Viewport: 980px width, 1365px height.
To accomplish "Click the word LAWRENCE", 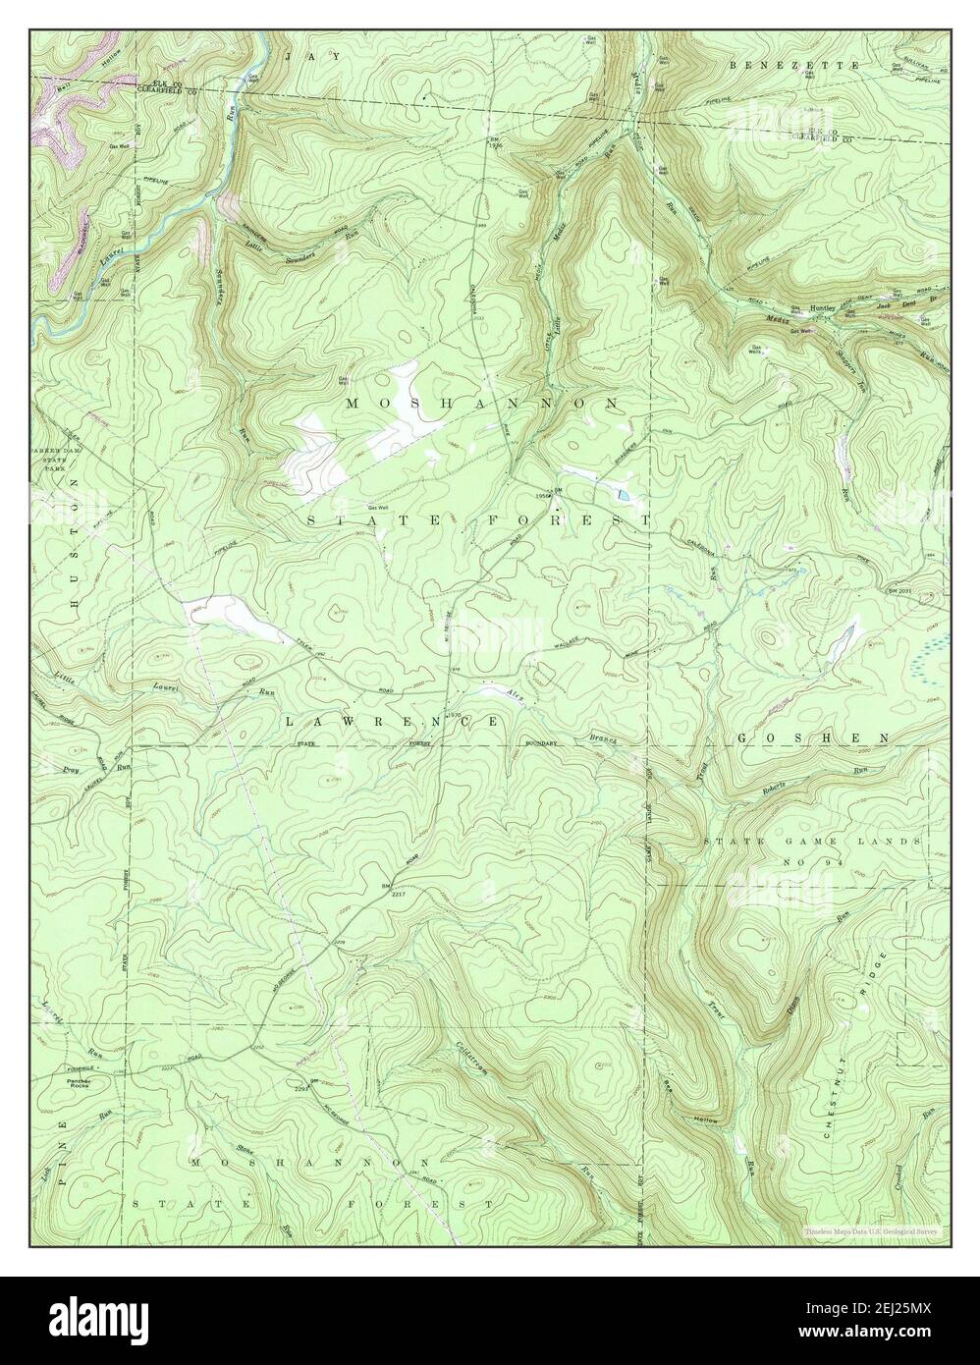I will tap(393, 721).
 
